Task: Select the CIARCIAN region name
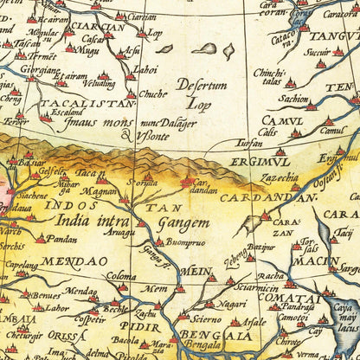tap(98, 26)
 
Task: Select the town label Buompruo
tap(186, 243)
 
